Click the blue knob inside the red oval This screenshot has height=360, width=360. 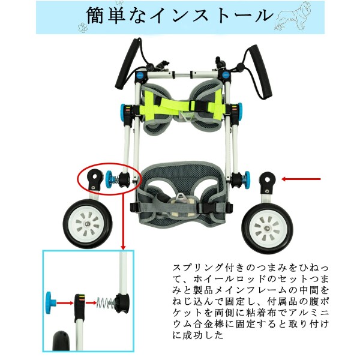[x=112, y=178]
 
